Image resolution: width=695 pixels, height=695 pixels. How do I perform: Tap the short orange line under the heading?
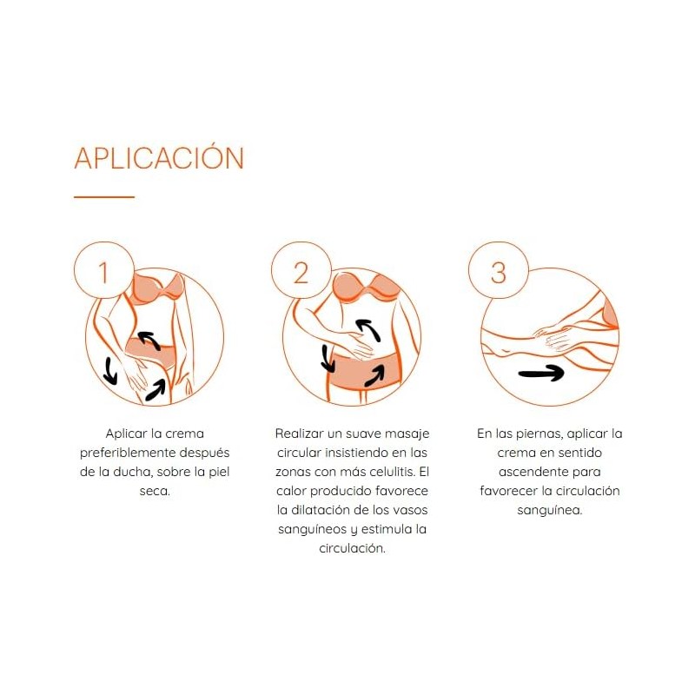point(104,196)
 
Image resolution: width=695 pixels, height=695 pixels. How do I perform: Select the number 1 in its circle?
point(103,272)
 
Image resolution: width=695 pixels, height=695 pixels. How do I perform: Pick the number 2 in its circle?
point(301,272)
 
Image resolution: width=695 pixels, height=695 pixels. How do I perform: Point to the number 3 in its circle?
point(498,273)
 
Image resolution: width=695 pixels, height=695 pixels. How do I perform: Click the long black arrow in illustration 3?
point(541,374)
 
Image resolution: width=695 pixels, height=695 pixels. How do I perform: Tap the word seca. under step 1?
point(155,491)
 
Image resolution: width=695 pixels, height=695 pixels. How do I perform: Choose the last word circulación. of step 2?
point(352,548)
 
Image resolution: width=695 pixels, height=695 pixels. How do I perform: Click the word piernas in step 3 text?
point(539,434)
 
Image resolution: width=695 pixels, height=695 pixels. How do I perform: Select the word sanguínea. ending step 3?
point(550,510)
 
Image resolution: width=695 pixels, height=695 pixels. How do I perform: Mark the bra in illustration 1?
point(158,288)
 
